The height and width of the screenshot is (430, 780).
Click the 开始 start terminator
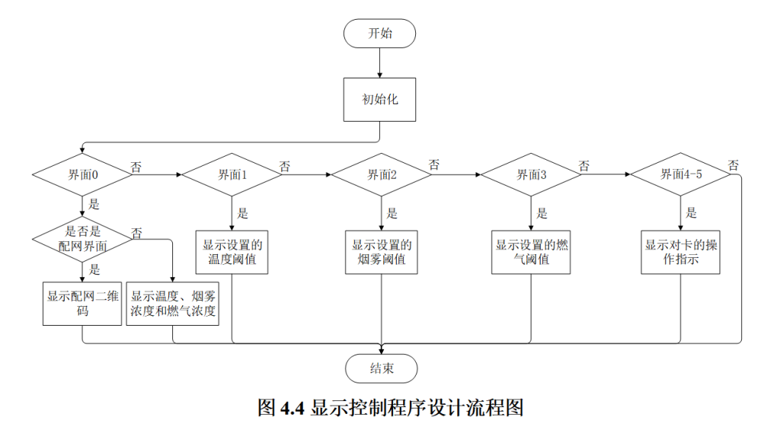coord(380,33)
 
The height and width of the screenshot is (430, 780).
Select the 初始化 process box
coord(380,99)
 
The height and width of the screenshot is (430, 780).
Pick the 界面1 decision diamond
coord(232,174)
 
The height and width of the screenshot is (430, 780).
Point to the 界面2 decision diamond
coord(382,174)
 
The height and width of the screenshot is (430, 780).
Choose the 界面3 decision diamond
coord(531,174)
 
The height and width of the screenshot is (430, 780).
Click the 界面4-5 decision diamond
coord(680,174)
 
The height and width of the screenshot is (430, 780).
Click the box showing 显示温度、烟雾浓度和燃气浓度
coord(173,304)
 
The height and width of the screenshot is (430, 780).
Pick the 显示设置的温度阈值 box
coord(232,252)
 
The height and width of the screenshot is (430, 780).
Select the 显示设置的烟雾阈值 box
coord(382,252)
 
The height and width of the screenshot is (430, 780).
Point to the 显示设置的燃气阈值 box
coord(531,252)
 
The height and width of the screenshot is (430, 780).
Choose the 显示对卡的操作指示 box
coord(680,252)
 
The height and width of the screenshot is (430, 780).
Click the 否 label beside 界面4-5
coord(734,165)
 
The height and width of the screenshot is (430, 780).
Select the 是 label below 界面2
coord(392,214)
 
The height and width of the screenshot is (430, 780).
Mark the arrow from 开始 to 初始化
coord(380,62)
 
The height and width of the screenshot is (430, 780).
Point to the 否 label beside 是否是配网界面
coord(136,232)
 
